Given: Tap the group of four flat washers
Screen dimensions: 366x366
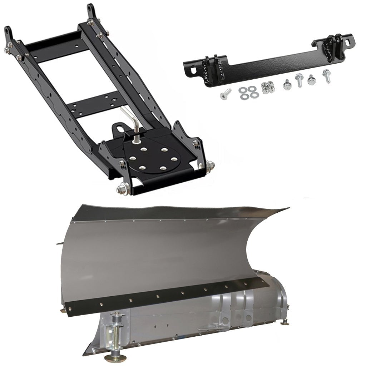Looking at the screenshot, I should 247,92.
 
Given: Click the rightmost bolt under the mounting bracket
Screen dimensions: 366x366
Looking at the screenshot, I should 326,76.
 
